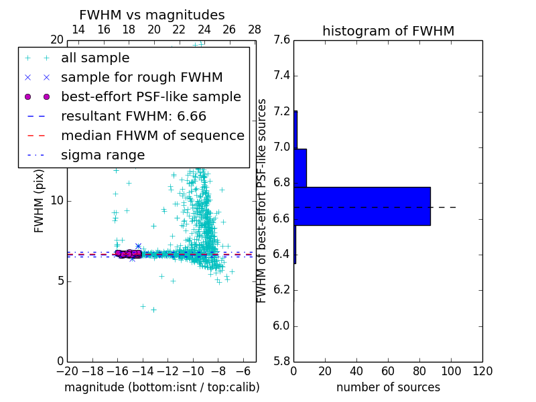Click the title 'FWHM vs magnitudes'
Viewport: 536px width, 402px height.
(152, 15)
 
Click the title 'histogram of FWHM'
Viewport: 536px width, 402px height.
(388, 31)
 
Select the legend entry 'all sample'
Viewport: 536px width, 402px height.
(95, 58)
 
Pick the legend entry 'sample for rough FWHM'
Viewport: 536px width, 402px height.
(141, 78)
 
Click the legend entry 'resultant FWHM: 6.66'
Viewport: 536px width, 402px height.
(133, 117)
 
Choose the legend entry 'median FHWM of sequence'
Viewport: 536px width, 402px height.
(152, 136)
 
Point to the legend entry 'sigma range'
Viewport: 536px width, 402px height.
(103, 155)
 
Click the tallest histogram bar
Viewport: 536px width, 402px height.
(362, 206)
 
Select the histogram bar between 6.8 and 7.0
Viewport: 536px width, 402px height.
(300, 168)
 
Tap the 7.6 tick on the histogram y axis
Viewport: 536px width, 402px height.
(281, 40)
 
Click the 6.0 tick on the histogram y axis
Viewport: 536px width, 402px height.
(281, 326)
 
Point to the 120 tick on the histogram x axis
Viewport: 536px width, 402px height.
(482, 371)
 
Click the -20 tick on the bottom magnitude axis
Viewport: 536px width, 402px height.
(67, 371)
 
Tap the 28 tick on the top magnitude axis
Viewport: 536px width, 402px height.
(255, 29)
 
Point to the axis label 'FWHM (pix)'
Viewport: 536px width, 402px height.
(40, 200)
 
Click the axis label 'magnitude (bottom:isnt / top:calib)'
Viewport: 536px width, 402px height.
(161, 387)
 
